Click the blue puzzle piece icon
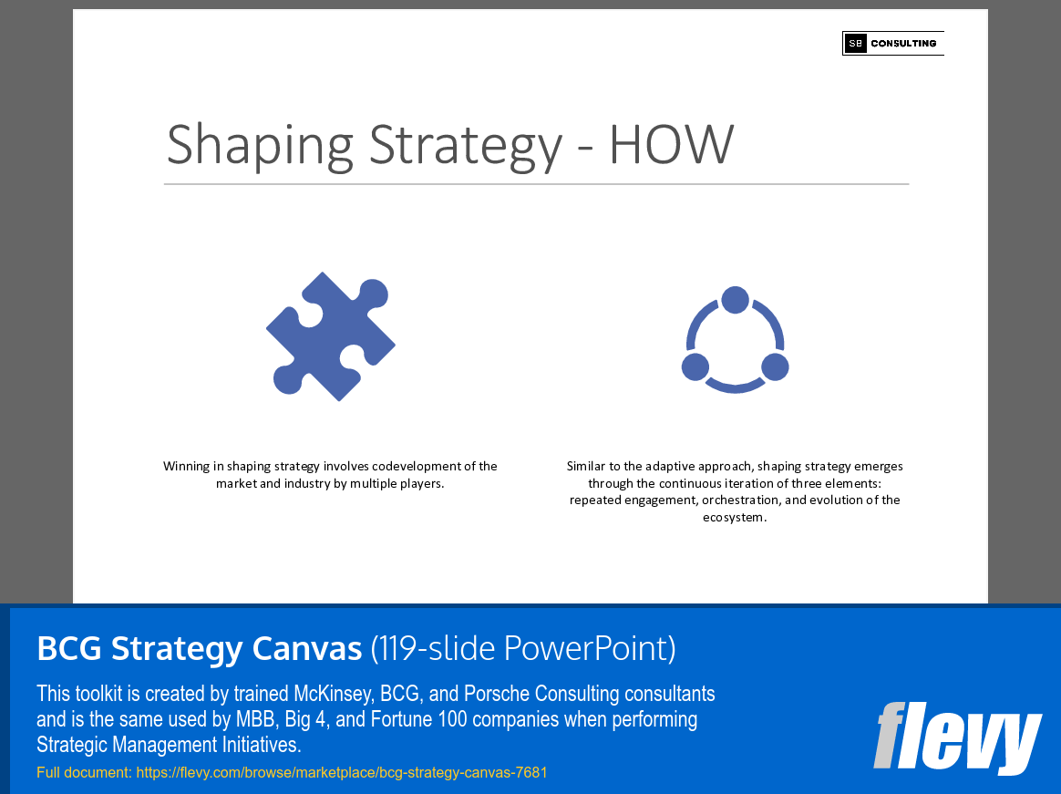click(330, 335)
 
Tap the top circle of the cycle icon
click(735, 299)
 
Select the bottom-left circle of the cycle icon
click(695, 366)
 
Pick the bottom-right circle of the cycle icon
click(775, 366)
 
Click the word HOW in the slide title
click(671, 144)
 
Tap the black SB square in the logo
click(855, 43)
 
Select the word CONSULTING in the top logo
click(903, 43)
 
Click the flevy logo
click(957, 737)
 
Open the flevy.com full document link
click(341, 772)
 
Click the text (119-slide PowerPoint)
click(523, 648)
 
